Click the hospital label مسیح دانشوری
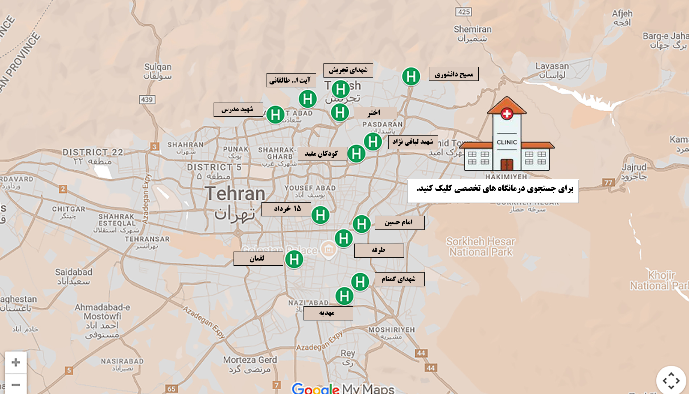point(454,74)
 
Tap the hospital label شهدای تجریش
point(348,70)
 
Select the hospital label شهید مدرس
point(238,109)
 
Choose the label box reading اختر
point(375,113)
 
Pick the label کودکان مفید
point(322,154)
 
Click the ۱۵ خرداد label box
point(286,209)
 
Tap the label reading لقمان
point(258,258)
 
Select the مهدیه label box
point(328,313)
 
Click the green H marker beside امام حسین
point(362,224)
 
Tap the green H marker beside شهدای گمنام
point(360,282)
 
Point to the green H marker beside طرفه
point(343,239)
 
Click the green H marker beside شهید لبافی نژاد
point(373,141)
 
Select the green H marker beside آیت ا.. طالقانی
point(308,99)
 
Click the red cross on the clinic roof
point(507,114)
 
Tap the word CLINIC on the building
point(507,142)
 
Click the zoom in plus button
point(16,362)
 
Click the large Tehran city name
point(235,194)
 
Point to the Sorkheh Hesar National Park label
point(480,246)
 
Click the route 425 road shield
point(464,12)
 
